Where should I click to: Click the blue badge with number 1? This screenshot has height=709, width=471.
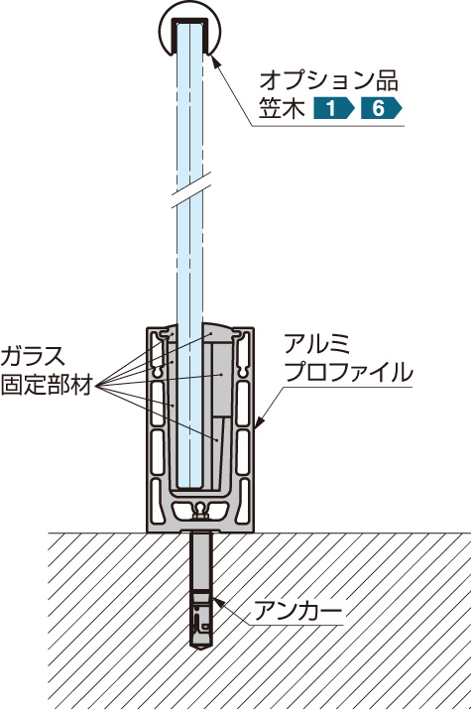333,108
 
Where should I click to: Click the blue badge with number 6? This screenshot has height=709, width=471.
381,108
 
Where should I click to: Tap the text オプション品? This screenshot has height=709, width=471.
329,81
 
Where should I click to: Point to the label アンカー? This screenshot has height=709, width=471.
297,611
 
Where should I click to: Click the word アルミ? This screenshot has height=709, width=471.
316,344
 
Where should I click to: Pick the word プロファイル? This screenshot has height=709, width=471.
348,372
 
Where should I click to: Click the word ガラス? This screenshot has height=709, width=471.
33,356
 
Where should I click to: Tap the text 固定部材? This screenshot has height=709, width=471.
47,385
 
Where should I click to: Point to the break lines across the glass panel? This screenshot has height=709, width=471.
191,189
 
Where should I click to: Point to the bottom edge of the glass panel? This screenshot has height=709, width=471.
189,488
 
